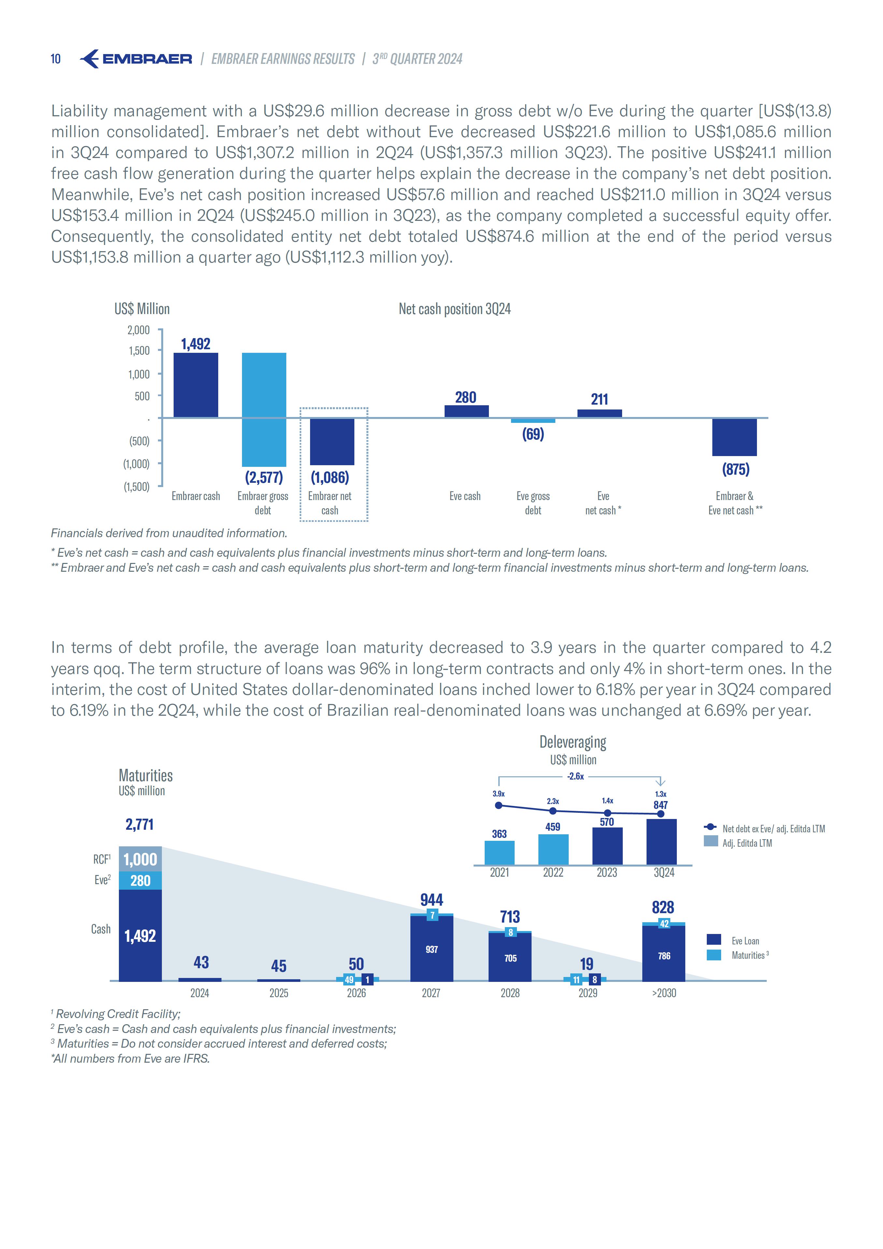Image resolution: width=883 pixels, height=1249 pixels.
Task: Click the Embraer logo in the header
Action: coord(136,59)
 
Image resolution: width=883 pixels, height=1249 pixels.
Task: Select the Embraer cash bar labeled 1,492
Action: coord(195,385)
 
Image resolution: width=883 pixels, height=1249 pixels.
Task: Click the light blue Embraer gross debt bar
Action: coord(264,409)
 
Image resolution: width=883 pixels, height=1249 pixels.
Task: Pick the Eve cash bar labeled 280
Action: coord(466,411)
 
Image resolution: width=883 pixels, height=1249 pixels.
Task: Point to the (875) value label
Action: coord(735,469)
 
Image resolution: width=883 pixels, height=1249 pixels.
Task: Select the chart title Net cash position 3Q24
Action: coord(454,309)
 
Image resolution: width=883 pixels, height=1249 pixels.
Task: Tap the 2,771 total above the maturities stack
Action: coord(140,825)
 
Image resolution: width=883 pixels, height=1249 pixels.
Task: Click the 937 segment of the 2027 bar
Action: coord(432,949)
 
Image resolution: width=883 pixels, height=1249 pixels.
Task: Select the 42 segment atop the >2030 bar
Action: coord(664,924)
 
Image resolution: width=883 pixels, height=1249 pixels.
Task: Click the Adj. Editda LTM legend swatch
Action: coord(710,841)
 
